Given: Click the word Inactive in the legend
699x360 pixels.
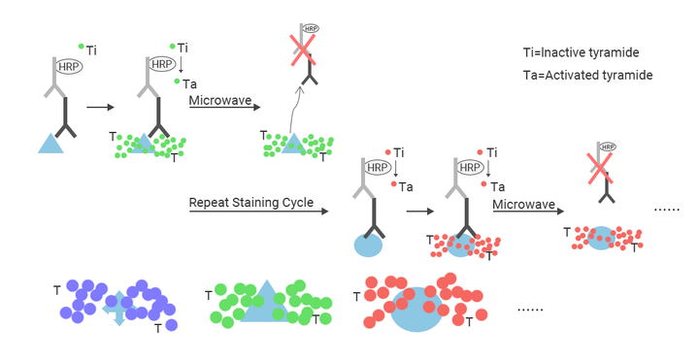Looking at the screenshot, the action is [x=562, y=52].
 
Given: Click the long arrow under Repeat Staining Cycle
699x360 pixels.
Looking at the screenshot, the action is [x=258, y=212].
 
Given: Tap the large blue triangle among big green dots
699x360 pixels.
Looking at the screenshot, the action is [x=267, y=301].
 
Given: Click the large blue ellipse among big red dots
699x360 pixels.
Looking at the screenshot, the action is [x=416, y=310].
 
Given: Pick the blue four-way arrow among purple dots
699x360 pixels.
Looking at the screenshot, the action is [x=119, y=308].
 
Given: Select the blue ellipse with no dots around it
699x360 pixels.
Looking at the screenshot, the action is [x=368, y=245].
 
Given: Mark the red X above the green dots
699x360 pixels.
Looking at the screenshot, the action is [x=303, y=50].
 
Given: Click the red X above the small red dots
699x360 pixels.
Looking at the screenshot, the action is [x=599, y=168].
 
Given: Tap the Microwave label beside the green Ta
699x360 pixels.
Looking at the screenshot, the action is [x=220, y=100].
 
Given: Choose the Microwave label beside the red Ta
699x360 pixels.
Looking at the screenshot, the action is [x=524, y=205].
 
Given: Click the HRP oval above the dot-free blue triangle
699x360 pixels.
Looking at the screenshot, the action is [x=69, y=67].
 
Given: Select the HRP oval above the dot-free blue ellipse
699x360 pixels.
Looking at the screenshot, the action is [x=378, y=168].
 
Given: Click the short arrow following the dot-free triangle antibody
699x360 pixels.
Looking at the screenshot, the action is [x=100, y=107].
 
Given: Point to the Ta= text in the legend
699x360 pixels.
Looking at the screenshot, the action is [x=534, y=75].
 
